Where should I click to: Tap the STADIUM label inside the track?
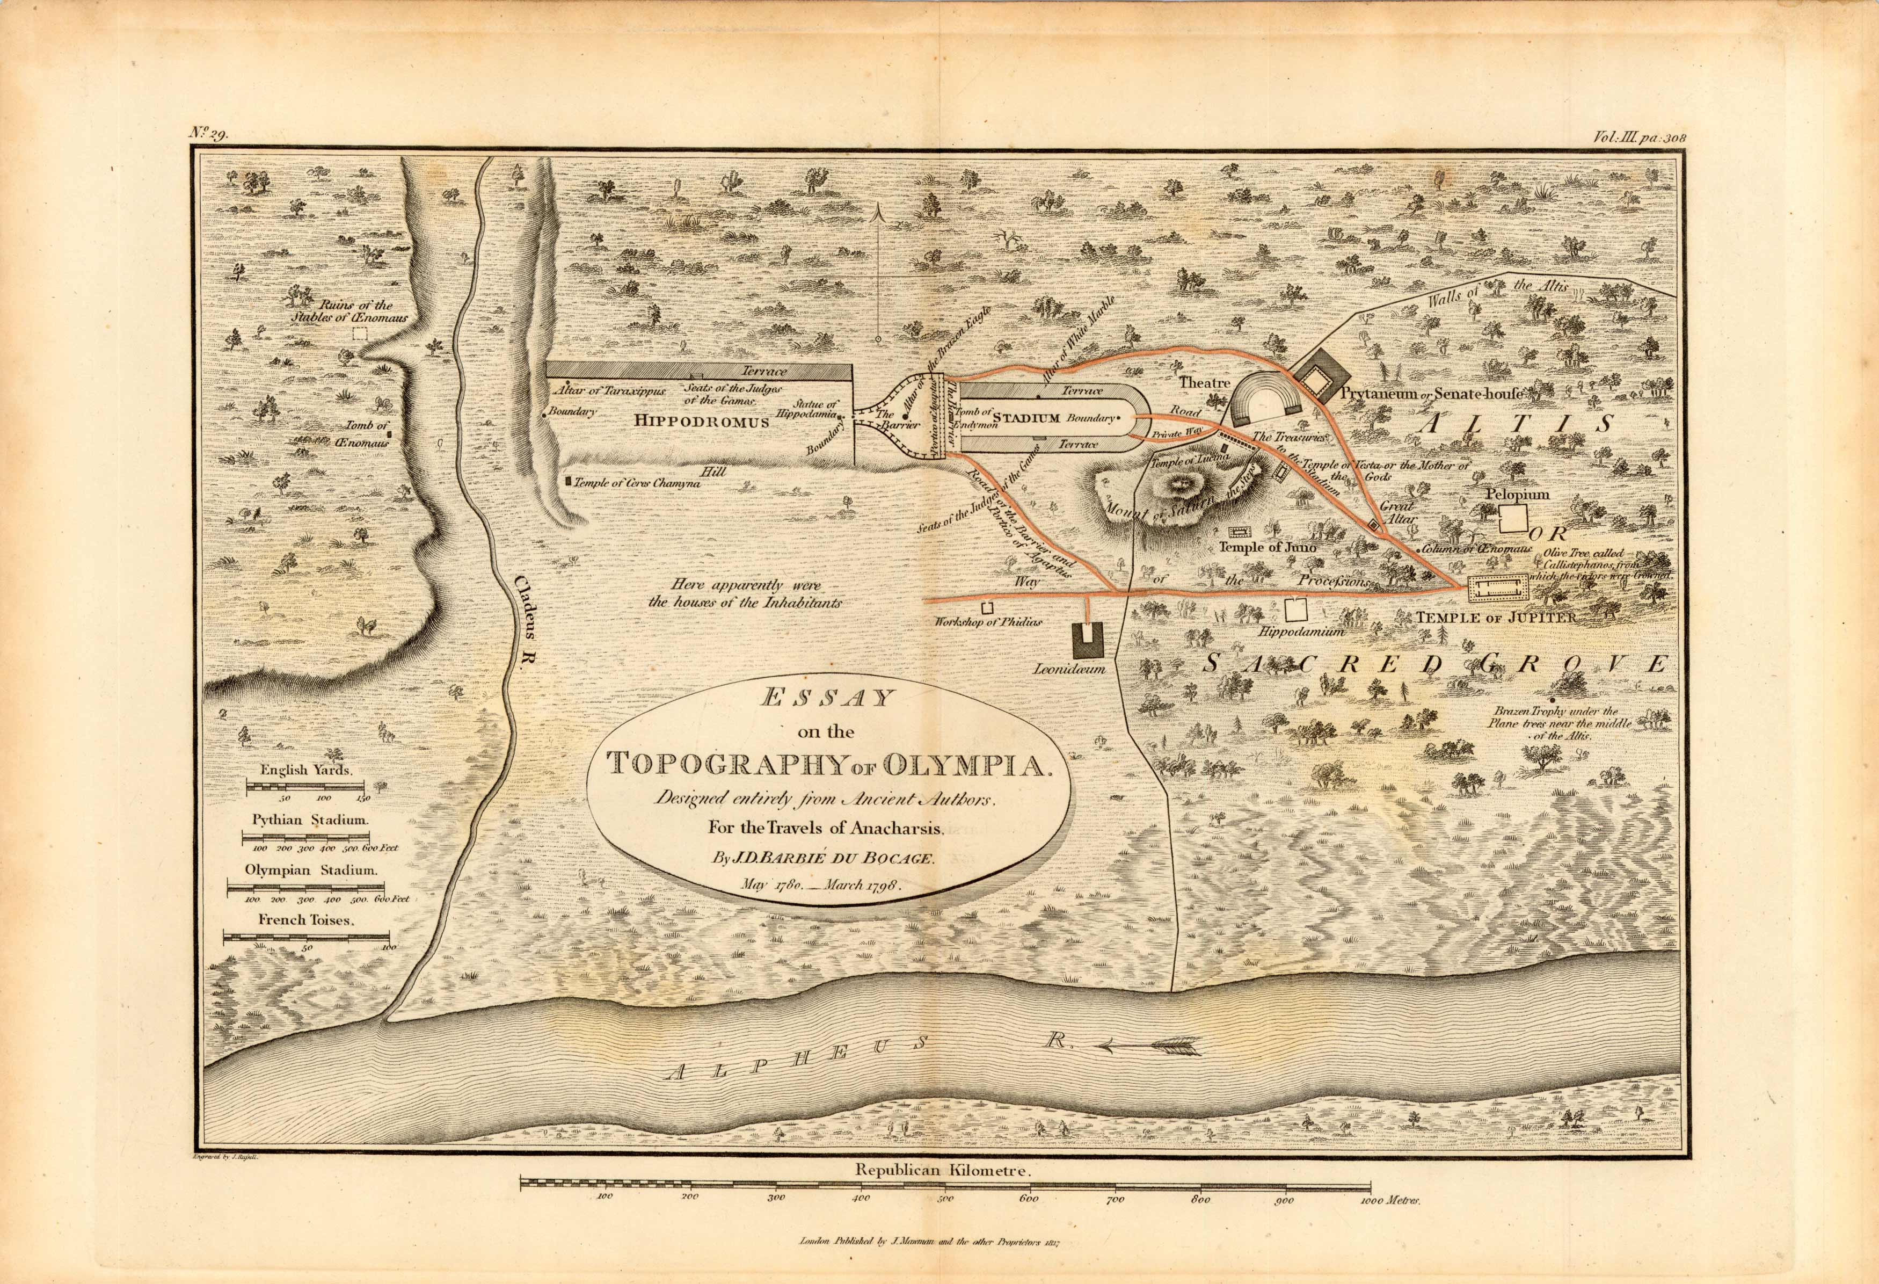point(1026,418)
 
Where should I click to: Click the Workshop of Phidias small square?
point(986,608)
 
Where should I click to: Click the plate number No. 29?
point(209,134)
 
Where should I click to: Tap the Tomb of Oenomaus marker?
point(390,435)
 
